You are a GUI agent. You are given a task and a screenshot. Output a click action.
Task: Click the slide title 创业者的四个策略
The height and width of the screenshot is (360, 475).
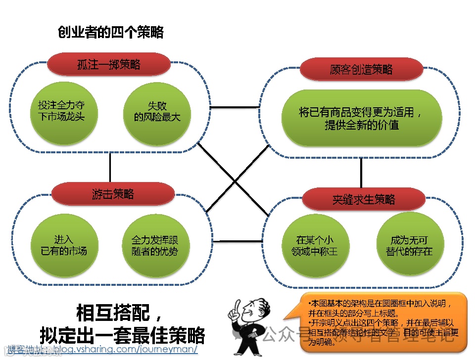click(x=111, y=33)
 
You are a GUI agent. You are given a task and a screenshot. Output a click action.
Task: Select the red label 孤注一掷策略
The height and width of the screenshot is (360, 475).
click(x=109, y=64)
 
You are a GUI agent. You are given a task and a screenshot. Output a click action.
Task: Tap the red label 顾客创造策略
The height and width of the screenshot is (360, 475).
click(x=361, y=70)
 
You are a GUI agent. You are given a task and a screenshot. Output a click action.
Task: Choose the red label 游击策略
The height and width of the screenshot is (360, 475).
click(x=113, y=193)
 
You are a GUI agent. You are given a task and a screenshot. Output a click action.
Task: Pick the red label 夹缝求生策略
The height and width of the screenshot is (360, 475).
click(x=364, y=199)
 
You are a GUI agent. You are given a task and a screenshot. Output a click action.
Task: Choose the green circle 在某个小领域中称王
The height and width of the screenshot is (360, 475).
click(x=314, y=245)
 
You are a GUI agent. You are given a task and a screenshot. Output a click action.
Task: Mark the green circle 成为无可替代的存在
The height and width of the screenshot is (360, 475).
click(x=409, y=245)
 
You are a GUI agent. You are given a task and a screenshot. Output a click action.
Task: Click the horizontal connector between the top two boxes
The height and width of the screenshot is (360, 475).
click(x=235, y=107)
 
